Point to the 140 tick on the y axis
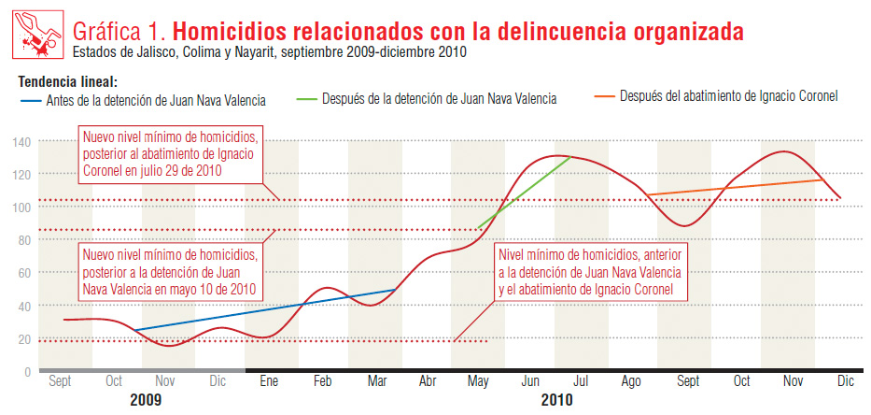tap(21, 142)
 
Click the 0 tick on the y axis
tap(27, 372)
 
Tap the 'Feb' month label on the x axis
tap(322, 381)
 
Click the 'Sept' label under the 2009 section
tap(61, 381)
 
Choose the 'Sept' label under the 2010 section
tap(687, 381)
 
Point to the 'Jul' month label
tap(580, 381)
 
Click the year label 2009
tap(140, 399)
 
